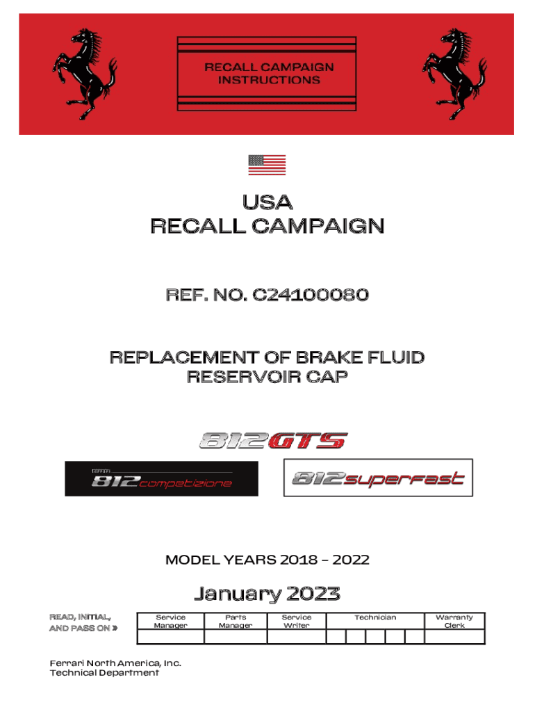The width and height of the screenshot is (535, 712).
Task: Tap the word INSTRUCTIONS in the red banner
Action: point(269,80)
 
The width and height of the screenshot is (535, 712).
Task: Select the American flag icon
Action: point(267,165)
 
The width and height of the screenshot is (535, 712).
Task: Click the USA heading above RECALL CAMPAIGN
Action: point(267,203)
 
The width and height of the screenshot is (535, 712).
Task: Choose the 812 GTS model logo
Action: point(272,440)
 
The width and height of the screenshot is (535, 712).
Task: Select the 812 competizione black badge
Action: point(161,478)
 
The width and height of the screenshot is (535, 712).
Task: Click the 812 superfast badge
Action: point(378,478)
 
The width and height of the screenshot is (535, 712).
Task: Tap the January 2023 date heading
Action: point(267,594)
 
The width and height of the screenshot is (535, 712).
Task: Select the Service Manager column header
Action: point(170,621)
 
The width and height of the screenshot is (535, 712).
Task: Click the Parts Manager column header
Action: point(236,621)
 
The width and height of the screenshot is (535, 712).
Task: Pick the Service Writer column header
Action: point(297,621)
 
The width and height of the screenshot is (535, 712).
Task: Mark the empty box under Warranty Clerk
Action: point(454,637)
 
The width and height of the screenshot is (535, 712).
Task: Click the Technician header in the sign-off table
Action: point(375,617)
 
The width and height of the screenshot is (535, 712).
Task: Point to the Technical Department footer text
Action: point(104,673)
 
